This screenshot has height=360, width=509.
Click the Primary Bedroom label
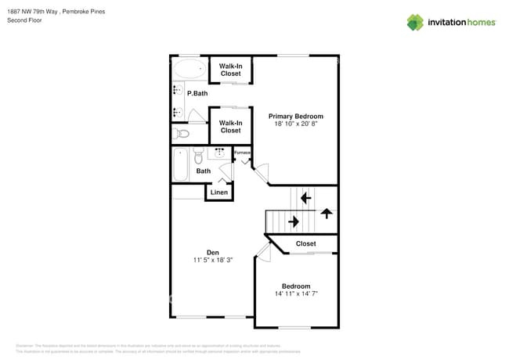pyautogui.click(x=296, y=116)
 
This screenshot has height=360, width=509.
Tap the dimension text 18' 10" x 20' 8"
pyautogui.click(x=296, y=124)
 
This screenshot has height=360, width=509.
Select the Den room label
pyautogui.click(x=212, y=252)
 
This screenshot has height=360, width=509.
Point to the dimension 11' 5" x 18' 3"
pyautogui.click(x=212, y=260)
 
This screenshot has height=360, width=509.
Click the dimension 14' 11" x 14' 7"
pyautogui.click(x=296, y=294)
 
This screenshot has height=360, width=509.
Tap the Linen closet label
pyautogui.click(x=219, y=192)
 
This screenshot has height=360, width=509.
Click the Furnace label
pyautogui.click(x=242, y=153)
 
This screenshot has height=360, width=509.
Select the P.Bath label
pyautogui.click(x=197, y=94)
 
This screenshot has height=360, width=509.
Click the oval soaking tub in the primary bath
pyautogui.click(x=188, y=69)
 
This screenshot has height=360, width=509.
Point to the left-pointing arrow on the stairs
pyautogui.click(x=305, y=199)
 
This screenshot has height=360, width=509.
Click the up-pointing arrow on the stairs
pyautogui.click(x=326, y=212)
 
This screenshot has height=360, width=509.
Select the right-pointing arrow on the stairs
pyautogui.click(x=294, y=221)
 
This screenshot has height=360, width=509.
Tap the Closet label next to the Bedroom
pyautogui.click(x=306, y=243)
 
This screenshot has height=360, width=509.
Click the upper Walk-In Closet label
pyautogui.click(x=230, y=70)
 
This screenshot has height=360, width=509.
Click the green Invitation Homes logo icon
pyautogui.click(x=415, y=22)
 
